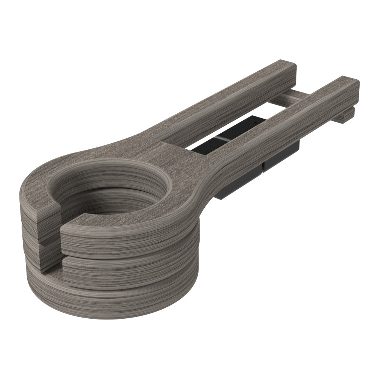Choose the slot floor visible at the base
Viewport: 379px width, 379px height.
pyautogui.click(x=49, y=270)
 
